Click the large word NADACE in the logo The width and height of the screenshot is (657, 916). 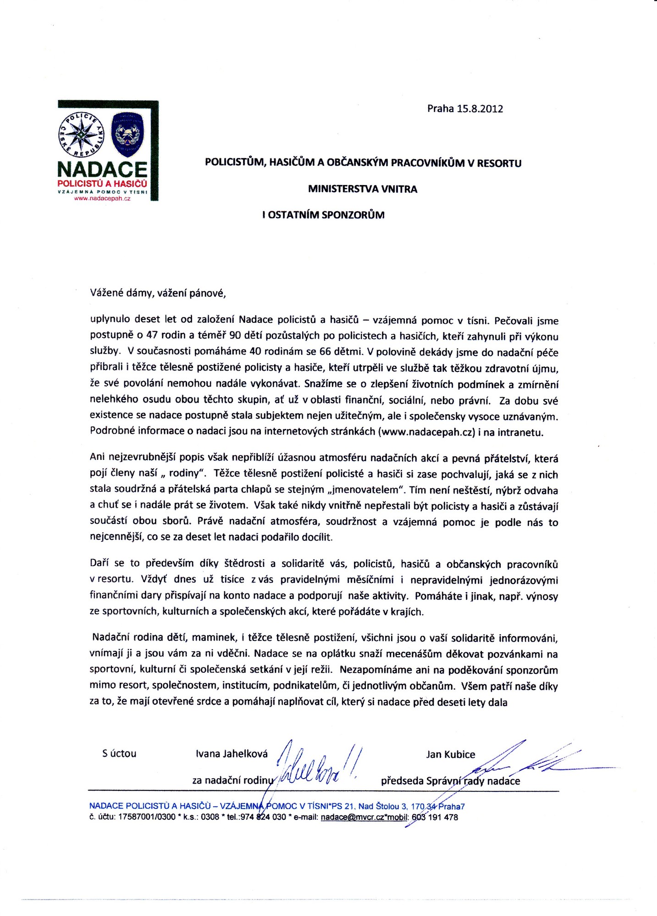102,169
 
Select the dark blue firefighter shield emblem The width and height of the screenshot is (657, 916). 128,133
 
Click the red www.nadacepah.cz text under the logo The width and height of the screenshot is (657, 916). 105,199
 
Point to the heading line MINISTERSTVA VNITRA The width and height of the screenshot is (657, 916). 362,189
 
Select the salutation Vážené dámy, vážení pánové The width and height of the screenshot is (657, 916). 158,293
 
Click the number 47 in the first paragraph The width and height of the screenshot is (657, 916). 152,335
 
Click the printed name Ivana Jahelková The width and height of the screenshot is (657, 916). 232,754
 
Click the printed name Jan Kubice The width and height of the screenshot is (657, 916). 450,754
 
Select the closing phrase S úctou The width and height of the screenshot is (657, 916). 119,753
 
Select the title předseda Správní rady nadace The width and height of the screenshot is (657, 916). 450,781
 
